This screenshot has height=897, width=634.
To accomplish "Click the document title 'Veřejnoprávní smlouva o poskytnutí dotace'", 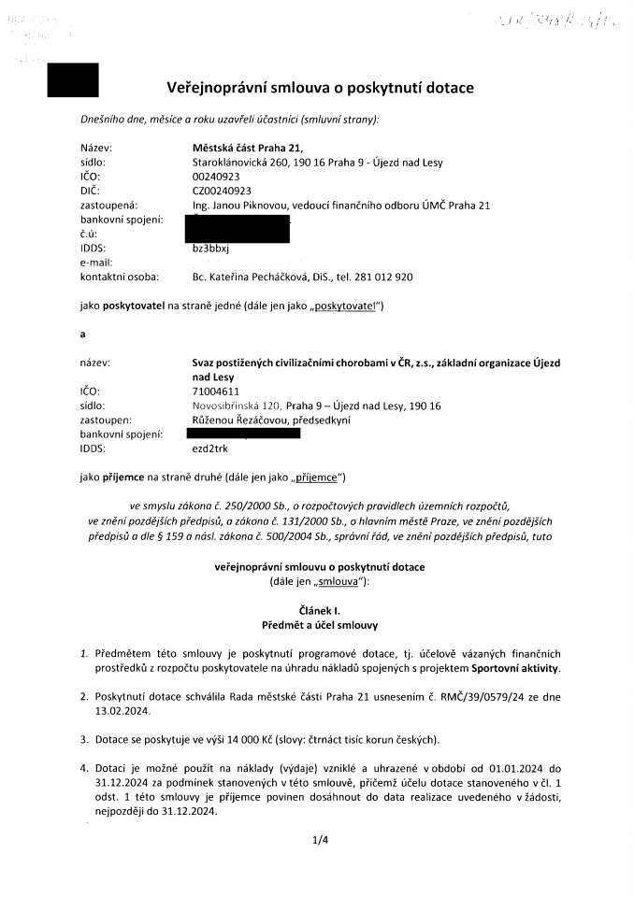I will pos(320,88).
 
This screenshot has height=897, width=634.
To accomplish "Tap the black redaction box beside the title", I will pos(73,80).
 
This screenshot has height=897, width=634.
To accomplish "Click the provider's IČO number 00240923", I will pos(215,176).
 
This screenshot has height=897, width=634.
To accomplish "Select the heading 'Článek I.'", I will pos(320,608).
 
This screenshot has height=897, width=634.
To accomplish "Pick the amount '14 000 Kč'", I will pos(238,741).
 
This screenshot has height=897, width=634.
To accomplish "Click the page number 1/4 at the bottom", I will pos(320,840).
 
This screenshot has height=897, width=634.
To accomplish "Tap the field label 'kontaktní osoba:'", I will pos(119,278).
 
